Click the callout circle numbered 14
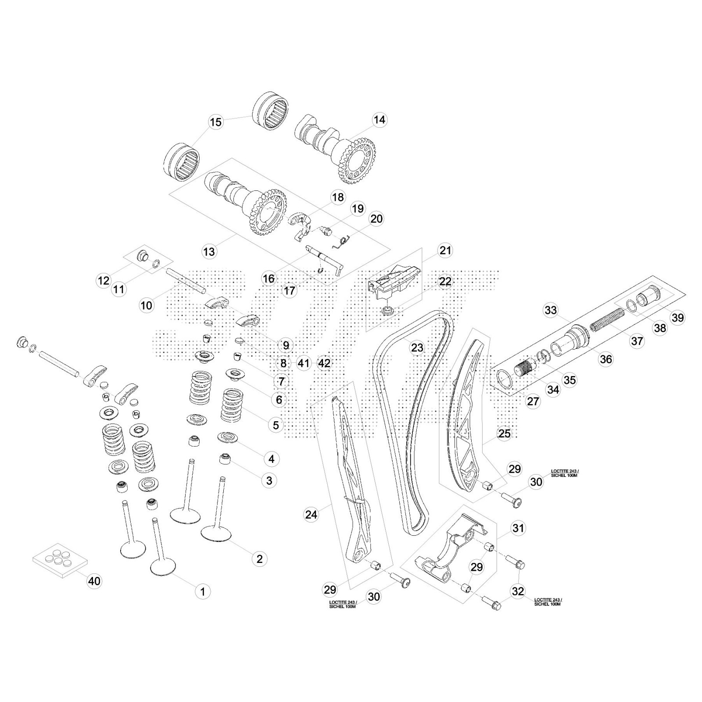pos(380,120)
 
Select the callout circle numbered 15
pos(216,122)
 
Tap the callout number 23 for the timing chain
pos(417,347)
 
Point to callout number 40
pos(94,581)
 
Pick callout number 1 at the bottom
pos(203,591)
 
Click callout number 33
pos(550,310)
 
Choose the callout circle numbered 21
pos(445,251)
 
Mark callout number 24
pos(311,514)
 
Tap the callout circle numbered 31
pos(518,528)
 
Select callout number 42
pos(324,363)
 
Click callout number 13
pos(209,251)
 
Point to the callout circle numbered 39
pos(678,317)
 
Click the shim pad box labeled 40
pos(60,558)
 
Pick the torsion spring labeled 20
pos(345,241)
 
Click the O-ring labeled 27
pos(505,378)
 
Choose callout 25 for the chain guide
pos(505,433)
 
